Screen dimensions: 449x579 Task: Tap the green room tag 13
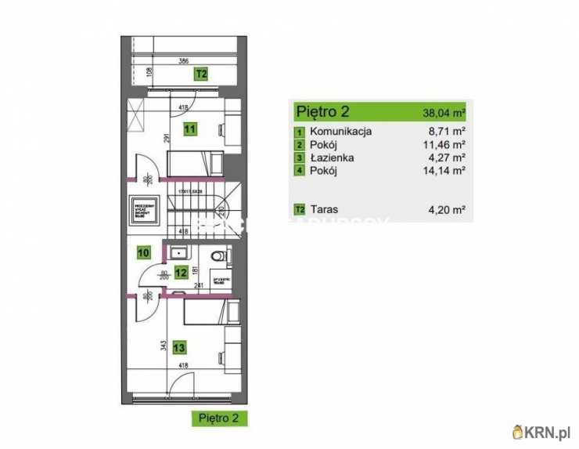coord(179,347)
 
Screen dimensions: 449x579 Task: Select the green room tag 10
coord(143,252)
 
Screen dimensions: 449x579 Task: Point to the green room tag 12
coord(181,273)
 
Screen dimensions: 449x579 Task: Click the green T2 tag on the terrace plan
coord(201,74)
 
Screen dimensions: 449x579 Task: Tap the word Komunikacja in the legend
coord(340,132)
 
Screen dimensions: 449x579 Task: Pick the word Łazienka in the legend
coord(332,158)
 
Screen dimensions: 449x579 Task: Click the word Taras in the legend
coord(323,209)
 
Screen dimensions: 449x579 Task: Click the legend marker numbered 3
coord(299,158)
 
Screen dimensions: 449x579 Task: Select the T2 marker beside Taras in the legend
coord(299,210)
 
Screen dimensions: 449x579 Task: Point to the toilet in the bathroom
coord(220,255)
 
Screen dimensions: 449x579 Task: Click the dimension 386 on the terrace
coord(183,60)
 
